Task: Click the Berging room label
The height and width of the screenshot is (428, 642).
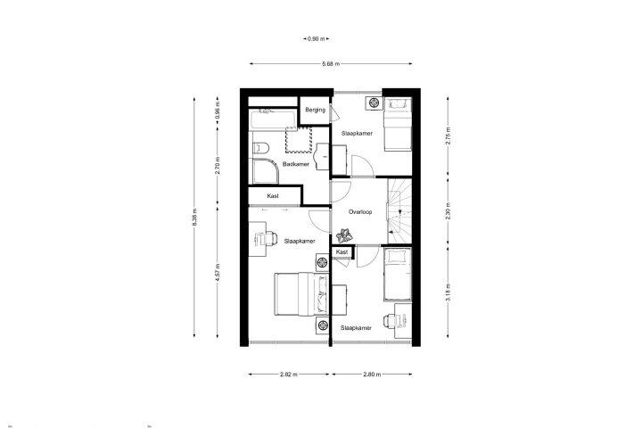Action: click(x=316, y=110)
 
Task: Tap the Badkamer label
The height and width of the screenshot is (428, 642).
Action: click(x=296, y=164)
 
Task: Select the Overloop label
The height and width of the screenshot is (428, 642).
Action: click(x=360, y=212)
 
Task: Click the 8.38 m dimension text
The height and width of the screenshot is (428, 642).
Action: click(x=194, y=218)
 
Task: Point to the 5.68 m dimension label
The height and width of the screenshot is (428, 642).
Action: click(x=331, y=64)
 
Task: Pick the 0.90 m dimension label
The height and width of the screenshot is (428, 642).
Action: click(x=316, y=39)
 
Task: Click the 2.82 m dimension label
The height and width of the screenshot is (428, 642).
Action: click(x=289, y=374)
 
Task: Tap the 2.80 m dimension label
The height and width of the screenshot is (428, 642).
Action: click(x=372, y=374)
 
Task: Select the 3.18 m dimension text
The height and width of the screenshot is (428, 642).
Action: click(x=449, y=292)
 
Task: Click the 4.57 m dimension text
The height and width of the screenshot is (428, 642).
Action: click(x=218, y=272)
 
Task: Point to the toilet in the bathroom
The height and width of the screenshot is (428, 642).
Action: click(x=259, y=147)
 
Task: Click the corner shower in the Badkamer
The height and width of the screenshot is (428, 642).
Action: click(x=265, y=171)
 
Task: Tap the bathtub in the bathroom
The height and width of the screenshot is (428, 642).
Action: click(x=273, y=119)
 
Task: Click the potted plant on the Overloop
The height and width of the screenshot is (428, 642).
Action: click(x=344, y=235)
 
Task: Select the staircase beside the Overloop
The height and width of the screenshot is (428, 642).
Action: click(x=399, y=211)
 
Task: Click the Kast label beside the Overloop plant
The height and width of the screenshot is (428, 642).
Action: click(x=342, y=252)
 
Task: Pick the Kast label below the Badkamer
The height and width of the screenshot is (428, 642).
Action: click(x=273, y=196)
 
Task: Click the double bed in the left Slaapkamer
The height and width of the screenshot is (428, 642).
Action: click(x=301, y=294)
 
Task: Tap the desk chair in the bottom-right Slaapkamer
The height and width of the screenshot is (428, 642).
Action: click(x=390, y=320)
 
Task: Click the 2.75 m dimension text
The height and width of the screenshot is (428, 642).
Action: click(x=449, y=136)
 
